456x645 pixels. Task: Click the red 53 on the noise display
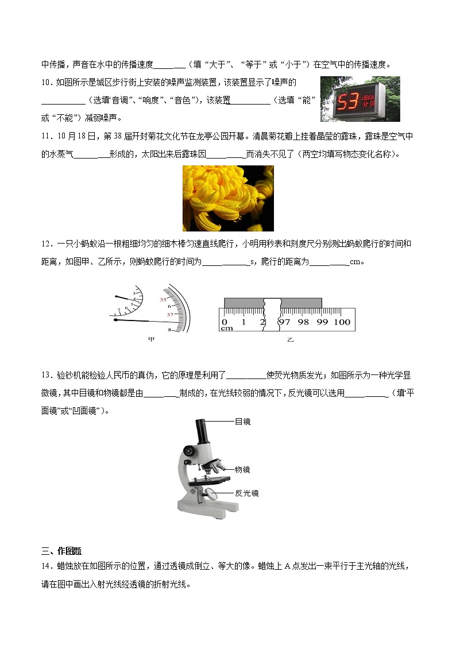pyautogui.click(x=347, y=102)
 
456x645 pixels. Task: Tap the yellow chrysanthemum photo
pyautogui.click(x=228, y=198)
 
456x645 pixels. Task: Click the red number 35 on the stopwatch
pyautogui.click(x=163, y=300)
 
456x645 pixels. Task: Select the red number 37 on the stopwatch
pyautogui.click(x=170, y=315)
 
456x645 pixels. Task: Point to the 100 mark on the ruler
pyautogui.click(x=342, y=322)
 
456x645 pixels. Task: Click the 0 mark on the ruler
pyautogui.click(x=225, y=322)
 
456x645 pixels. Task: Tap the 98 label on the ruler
pyautogui.click(x=304, y=322)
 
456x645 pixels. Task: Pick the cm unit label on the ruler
pyautogui.click(x=226, y=329)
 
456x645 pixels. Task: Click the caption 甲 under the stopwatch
pyautogui.click(x=152, y=339)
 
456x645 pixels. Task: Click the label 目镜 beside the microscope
pyautogui.click(x=242, y=422)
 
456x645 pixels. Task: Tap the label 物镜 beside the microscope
pyautogui.click(x=242, y=469)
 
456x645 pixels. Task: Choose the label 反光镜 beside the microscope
pyautogui.click(x=246, y=493)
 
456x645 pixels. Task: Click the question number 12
pyautogui.click(x=47, y=244)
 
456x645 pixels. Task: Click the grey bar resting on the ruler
pyautogui.click(x=273, y=303)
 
